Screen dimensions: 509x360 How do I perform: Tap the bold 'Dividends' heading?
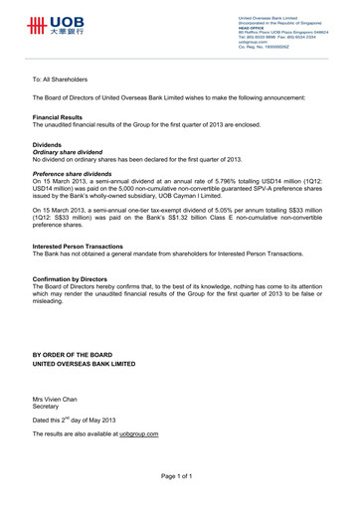tap(48, 145)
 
